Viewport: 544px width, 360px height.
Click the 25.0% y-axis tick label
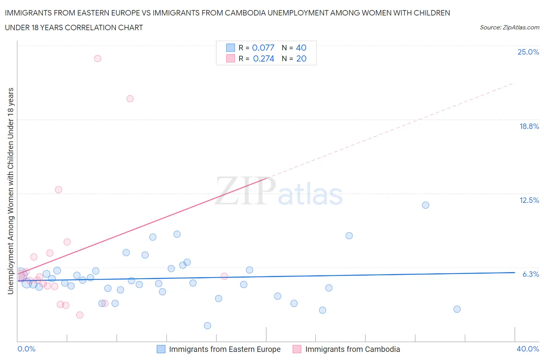point(528,52)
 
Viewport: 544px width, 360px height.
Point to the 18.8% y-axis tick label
point(529,126)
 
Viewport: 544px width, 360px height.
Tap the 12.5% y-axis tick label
point(529,200)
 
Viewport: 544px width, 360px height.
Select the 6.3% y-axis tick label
point(530,274)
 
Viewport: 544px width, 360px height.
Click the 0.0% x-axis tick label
point(26,349)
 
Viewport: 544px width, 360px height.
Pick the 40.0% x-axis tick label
point(528,349)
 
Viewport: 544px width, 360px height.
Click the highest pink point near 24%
point(98,58)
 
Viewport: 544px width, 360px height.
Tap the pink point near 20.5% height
point(130,99)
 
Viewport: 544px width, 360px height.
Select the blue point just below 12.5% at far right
point(426,205)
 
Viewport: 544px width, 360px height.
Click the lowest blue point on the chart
point(207,326)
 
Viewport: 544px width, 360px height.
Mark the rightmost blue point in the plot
point(457,309)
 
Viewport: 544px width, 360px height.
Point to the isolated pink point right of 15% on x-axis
point(224,276)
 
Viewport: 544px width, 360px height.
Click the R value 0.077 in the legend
point(263,48)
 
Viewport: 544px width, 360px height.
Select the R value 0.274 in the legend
point(263,58)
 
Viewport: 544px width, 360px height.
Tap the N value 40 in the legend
point(301,48)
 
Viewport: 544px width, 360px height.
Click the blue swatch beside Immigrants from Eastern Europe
point(161,349)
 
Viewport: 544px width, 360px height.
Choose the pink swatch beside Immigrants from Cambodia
point(297,349)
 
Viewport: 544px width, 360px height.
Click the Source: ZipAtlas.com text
point(509,27)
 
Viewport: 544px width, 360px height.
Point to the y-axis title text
point(10,191)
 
